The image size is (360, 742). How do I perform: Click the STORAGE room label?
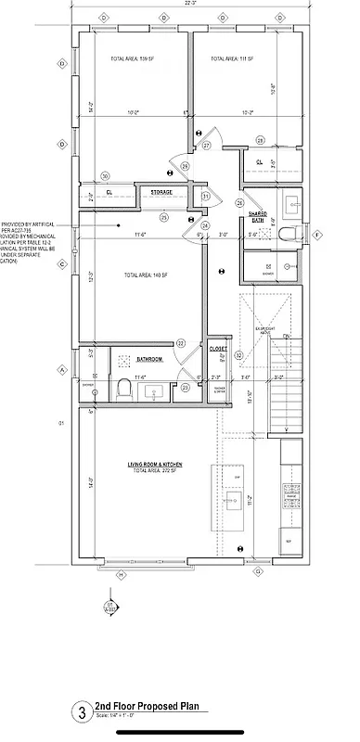pos(155,193)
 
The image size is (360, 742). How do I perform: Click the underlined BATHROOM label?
pos(150,359)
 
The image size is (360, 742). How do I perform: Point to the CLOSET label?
pos(218,349)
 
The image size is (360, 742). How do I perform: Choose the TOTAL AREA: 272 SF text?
pos(152,471)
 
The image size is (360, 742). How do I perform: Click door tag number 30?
pos(106,175)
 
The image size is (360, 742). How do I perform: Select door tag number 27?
pos(207,144)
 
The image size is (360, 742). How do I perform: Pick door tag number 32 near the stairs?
pos(238,354)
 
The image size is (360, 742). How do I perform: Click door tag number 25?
pos(163,218)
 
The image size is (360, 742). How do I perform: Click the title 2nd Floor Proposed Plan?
pos(148,706)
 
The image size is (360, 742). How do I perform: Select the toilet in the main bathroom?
pos(123,390)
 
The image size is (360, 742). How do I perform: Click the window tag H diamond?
pos(120,574)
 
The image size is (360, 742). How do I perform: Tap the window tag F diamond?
pos(318,235)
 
